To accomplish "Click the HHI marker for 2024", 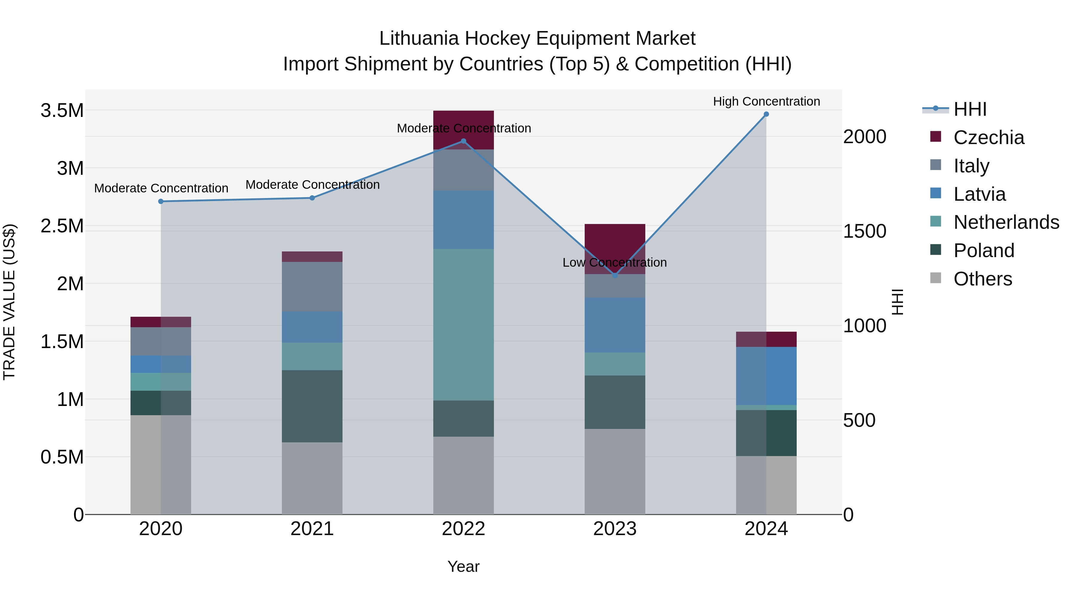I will point(766,114).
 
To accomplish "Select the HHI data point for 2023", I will point(615,276).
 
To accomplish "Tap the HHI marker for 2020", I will point(161,201).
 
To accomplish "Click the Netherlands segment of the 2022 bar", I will point(463,325).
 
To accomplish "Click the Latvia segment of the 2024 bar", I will point(766,376).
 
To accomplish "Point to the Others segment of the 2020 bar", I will point(161,464).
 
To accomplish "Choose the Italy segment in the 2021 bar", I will point(312,286).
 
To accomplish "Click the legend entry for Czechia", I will point(988,138).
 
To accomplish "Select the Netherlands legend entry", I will point(1006,222).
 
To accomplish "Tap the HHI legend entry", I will point(969,109).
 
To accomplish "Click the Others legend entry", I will point(982,279).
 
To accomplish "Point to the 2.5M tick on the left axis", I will point(62,226).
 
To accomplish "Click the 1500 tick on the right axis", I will point(865,231).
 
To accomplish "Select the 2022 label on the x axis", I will point(463,529).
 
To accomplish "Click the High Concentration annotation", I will point(766,101).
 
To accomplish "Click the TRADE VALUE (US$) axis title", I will point(9,302).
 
